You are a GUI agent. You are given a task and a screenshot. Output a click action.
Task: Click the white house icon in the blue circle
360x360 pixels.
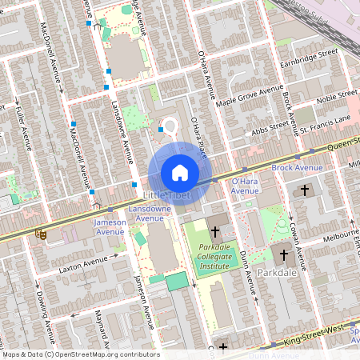tap(180, 172)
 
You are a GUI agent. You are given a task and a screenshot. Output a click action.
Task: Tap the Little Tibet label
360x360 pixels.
tap(165, 195)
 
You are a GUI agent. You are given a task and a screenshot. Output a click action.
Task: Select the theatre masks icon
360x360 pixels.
tap(40, 234)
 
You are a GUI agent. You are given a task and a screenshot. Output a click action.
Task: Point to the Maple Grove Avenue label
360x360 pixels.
tap(250, 95)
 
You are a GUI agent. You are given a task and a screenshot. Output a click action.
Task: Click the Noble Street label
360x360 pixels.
tap(336, 97)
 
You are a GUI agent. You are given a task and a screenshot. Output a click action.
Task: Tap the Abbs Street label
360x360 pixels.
tap(269, 125)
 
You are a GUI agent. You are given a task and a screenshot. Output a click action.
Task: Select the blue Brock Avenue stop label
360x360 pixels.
tap(297, 167)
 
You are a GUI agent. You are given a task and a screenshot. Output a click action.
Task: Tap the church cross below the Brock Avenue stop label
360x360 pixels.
tap(304, 190)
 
